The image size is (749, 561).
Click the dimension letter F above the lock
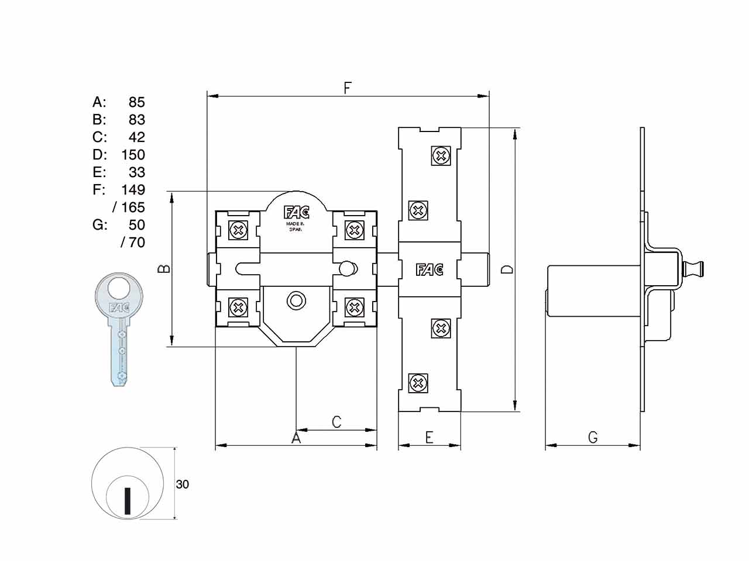tap(347, 88)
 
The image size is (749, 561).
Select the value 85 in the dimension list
tap(137, 102)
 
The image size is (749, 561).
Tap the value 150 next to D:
tap(133, 155)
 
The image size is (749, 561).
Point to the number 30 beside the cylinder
tap(182, 484)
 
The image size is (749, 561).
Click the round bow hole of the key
tap(119, 288)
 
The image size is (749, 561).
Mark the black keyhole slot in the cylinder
tap(128, 501)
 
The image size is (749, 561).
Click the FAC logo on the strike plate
tap(430, 270)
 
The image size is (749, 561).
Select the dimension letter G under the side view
tap(593, 437)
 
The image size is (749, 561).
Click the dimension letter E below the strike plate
tap(430, 437)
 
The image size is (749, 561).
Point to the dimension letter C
tap(336, 422)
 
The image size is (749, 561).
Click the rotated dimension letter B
tap(164, 269)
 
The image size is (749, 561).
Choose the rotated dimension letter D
tap(507, 269)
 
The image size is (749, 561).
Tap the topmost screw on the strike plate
tap(441, 156)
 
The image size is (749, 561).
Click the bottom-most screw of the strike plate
tap(418, 383)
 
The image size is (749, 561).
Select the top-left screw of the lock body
tap(238, 231)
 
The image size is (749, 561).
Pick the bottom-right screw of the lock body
tap(355, 307)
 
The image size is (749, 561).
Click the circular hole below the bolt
tap(296, 300)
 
